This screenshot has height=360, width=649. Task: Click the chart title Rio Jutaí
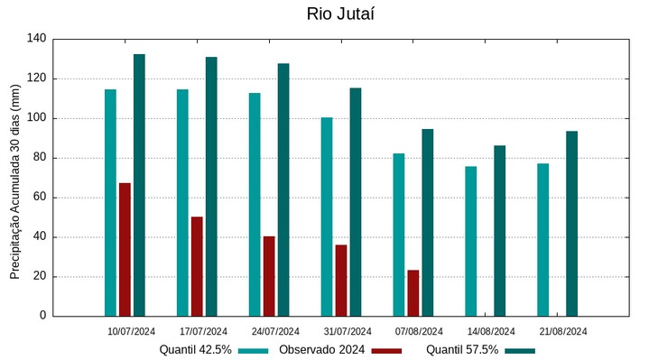pyautogui.click(x=340, y=14)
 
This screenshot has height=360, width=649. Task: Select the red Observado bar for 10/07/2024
pyautogui.click(x=125, y=250)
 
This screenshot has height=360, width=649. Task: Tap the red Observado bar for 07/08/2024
pyautogui.click(x=413, y=293)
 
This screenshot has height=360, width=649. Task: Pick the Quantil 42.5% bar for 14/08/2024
pyautogui.click(x=471, y=242)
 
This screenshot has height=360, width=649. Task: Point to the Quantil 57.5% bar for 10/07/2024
pyautogui.click(x=139, y=185)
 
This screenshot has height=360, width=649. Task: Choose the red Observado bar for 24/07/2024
pyautogui.click(x=269, y=276)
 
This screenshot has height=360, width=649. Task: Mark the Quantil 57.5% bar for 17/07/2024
pyautogui.click(x=211, y=187)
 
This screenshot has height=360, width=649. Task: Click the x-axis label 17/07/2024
pyautogui.click(x=203, y=331)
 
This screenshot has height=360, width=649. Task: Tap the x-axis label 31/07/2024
pyautogui.click(x=348, y=331)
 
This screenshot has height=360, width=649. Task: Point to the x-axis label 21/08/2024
pyautogui.click(x=563, y=331)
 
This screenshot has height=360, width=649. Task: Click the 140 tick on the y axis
pyautogui.click(x=37, y=39)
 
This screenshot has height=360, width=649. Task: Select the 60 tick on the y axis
pyautogui.click(x=40, y=198)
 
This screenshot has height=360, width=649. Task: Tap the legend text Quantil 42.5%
pyautogui.click(x=196, y=350)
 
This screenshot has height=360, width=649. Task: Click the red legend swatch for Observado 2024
pyautogui.click(x=386, y=350)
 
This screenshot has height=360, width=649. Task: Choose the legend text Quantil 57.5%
pyautogui.click(x=462, y=350)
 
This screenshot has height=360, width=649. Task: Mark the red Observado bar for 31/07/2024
pyautogui.click(x=341, y=281)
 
